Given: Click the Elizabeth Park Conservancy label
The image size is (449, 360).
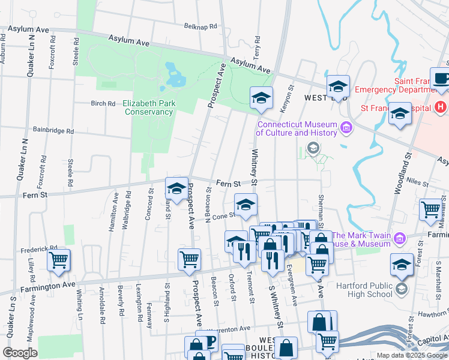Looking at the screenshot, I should [149, 107].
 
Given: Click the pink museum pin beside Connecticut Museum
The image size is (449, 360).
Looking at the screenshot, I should [346, 127].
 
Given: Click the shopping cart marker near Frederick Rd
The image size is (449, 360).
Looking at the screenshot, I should [59, 260].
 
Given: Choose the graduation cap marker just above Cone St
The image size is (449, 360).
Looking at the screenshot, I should [246, 205].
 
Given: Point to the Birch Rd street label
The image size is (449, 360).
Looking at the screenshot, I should [103, 103].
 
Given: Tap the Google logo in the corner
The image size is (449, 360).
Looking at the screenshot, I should [20, 353].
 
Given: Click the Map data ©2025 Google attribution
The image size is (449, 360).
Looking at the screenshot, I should [412, 355].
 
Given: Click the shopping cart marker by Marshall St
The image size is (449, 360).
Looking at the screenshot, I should [430, 210].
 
